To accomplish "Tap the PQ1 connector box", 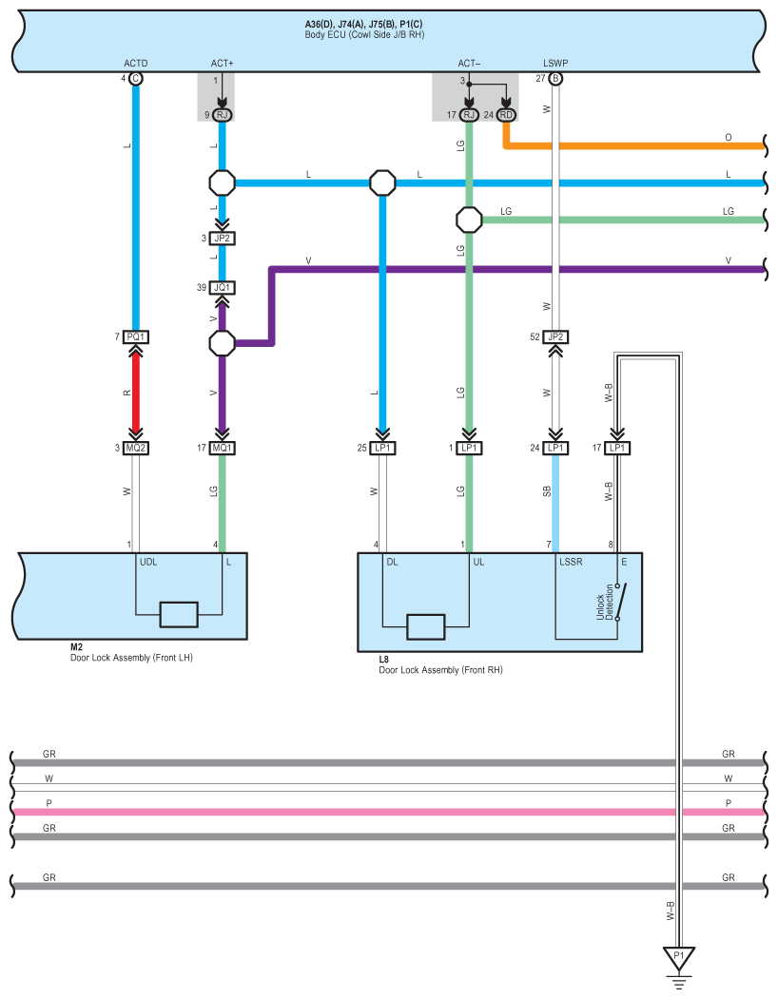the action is pyautogui.click(x=136, y=336).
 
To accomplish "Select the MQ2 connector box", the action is pyautogui.click(x=136, y=448).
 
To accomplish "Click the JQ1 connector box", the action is pyautogui.click(x=223, y=288).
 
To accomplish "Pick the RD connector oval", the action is pyautogui.click(x=506, y=115).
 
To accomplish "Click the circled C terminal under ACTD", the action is pyautogui.click(x=136, y=79).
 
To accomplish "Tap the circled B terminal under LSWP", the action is pyautogui.click(x=555, y=79).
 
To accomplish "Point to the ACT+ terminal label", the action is pyautogui.click(x=223, y=64).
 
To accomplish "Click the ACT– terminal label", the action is pyautogui.click(x=469, y=64).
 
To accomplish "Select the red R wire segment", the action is pyautogui.click(x=136, y=393).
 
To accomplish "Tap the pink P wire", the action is pyautogui.click(x=389, y=812).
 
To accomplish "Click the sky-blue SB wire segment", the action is pyautogui.click(x=555, y=504).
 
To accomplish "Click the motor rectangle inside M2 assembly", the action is pyautogui.click(x=179, y=615).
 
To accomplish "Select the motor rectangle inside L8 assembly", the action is pyautogui.click(x=425, y=627).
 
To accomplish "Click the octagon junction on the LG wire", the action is pyautogui.click(x=469, y=221).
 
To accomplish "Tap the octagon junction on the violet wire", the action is pyautogui.click(x=223, y=343).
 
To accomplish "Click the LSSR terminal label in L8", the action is pyautogui.click(x=571, y=562).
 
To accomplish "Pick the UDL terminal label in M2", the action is pyautogui.click(x=148, y=562).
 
